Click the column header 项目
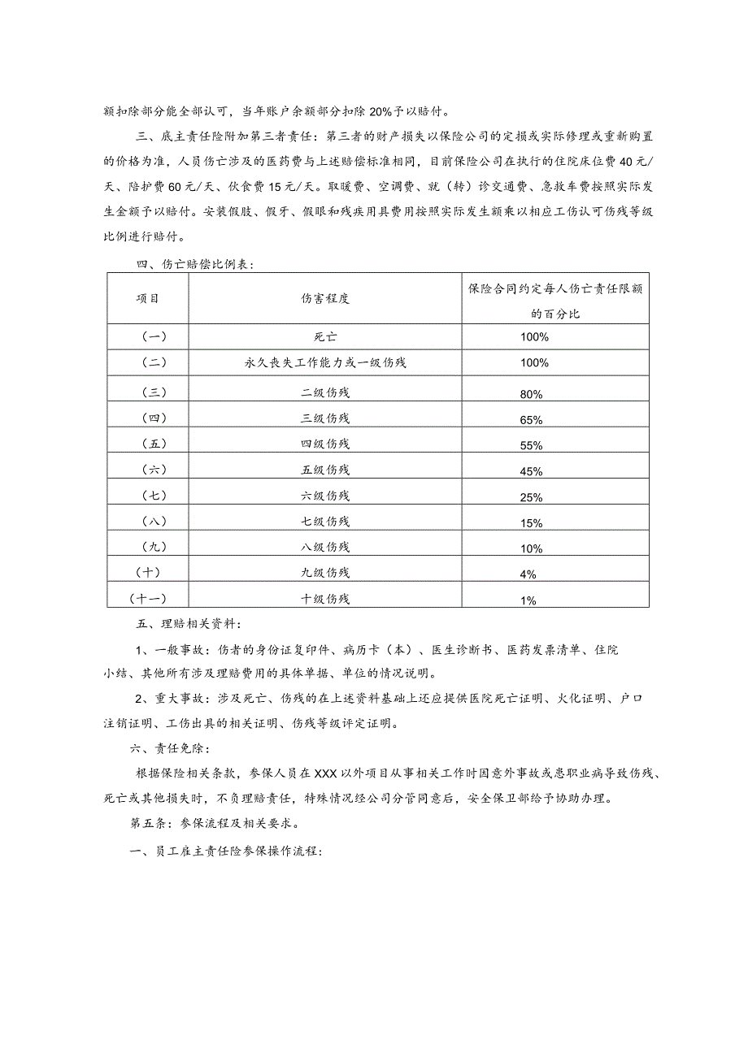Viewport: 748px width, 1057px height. [147, 298]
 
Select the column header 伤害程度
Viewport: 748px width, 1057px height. [324, 298]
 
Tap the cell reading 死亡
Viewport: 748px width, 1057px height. [324, 336]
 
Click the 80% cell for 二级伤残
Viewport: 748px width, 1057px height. [530, 394]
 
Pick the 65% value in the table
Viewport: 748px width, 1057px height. [530, 420]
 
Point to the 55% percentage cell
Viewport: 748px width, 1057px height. [530, 446]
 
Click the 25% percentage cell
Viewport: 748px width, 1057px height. [530, 497]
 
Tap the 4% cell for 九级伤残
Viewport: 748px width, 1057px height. [528, 574]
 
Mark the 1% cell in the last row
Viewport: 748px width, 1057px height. [528, 600]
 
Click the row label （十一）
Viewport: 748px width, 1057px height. [147, 599]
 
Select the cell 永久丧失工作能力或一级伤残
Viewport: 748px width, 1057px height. [324, 362]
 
